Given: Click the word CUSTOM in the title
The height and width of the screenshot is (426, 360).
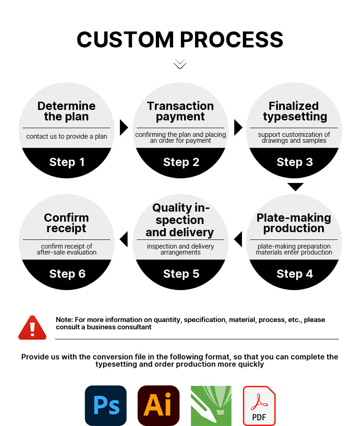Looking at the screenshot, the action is coord(125,40).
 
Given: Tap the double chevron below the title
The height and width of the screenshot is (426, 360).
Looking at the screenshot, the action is coord(180,63).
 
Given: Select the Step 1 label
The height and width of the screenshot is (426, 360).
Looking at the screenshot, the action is coord(67,162).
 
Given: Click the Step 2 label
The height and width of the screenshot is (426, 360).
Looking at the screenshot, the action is coord(181,162).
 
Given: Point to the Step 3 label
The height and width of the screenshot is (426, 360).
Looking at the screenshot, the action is coord(294,162).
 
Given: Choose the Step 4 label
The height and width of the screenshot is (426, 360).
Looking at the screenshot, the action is coord(294,274).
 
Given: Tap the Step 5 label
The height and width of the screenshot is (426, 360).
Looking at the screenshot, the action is coord(181,274).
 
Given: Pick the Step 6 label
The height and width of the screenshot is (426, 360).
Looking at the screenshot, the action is coord(67,274).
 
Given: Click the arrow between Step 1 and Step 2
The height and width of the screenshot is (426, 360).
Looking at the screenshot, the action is coord(123,127).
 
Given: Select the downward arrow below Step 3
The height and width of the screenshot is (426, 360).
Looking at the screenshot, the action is coord(295,187).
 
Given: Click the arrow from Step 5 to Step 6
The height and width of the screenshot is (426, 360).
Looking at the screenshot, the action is coord(124,239).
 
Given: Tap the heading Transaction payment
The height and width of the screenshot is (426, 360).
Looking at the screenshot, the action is coord(180,111).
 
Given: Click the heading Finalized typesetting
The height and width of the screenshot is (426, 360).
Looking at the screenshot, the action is coord(295,111).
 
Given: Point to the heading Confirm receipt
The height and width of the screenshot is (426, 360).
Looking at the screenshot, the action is coord(66,223).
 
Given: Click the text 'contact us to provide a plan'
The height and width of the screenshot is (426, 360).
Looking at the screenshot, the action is coord(67,136).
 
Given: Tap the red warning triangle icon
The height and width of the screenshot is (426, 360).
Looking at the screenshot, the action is coord(32,328).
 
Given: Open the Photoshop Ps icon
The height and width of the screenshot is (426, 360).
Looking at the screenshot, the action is coord(106,405).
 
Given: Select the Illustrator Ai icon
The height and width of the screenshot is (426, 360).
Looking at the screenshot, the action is coord(159,405).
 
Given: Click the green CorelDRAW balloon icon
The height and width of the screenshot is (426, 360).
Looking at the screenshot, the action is coord(211,406).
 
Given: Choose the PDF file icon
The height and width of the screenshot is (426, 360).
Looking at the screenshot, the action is coord(259,405).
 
